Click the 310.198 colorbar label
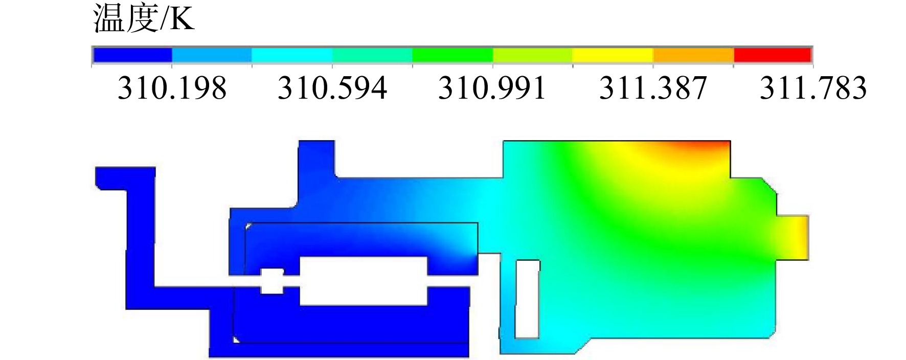pos(172,88)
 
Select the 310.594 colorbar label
pos(332,88)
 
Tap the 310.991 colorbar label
pos(492,88)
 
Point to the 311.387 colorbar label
pos(653,88)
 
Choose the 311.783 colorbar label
pos(813,88)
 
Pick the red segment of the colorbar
pos(773,55)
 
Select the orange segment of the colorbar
pos(693,55)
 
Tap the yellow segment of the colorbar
pos(613,55)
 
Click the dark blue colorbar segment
pos(132,55)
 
